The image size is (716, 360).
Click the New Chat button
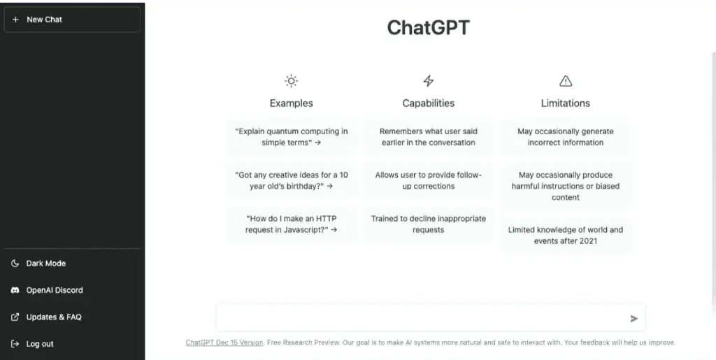[x=71, y=20]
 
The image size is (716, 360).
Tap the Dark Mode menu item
[x=45, y=264]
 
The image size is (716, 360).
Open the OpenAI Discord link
[x=54, y=290]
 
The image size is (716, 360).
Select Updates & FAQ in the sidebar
[x=53, y=317]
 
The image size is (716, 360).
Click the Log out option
[x=39, y=344]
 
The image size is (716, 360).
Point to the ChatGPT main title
[x=429, y=28]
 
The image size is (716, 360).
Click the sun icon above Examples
[x=291, y=81]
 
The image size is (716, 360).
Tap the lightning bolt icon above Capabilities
[x=429, y=81]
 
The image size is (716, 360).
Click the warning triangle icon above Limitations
[x=566, y=81]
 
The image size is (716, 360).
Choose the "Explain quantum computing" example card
[x=292, y=137]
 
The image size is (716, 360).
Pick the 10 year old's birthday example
[x=292, y=181]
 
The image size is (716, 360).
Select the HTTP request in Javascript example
[x=292, y=224]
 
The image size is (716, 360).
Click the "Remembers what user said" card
[x=429, y=137]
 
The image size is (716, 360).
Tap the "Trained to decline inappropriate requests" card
[x=429, y=224]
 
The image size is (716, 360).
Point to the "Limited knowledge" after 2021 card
[x=566, y=236]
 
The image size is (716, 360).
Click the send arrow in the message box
[x=633, y=319]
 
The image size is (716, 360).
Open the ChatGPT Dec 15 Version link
[x=224, y=343]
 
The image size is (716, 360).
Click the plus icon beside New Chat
[x=15, y=20]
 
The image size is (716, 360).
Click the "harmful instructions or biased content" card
[x=566, y=186]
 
